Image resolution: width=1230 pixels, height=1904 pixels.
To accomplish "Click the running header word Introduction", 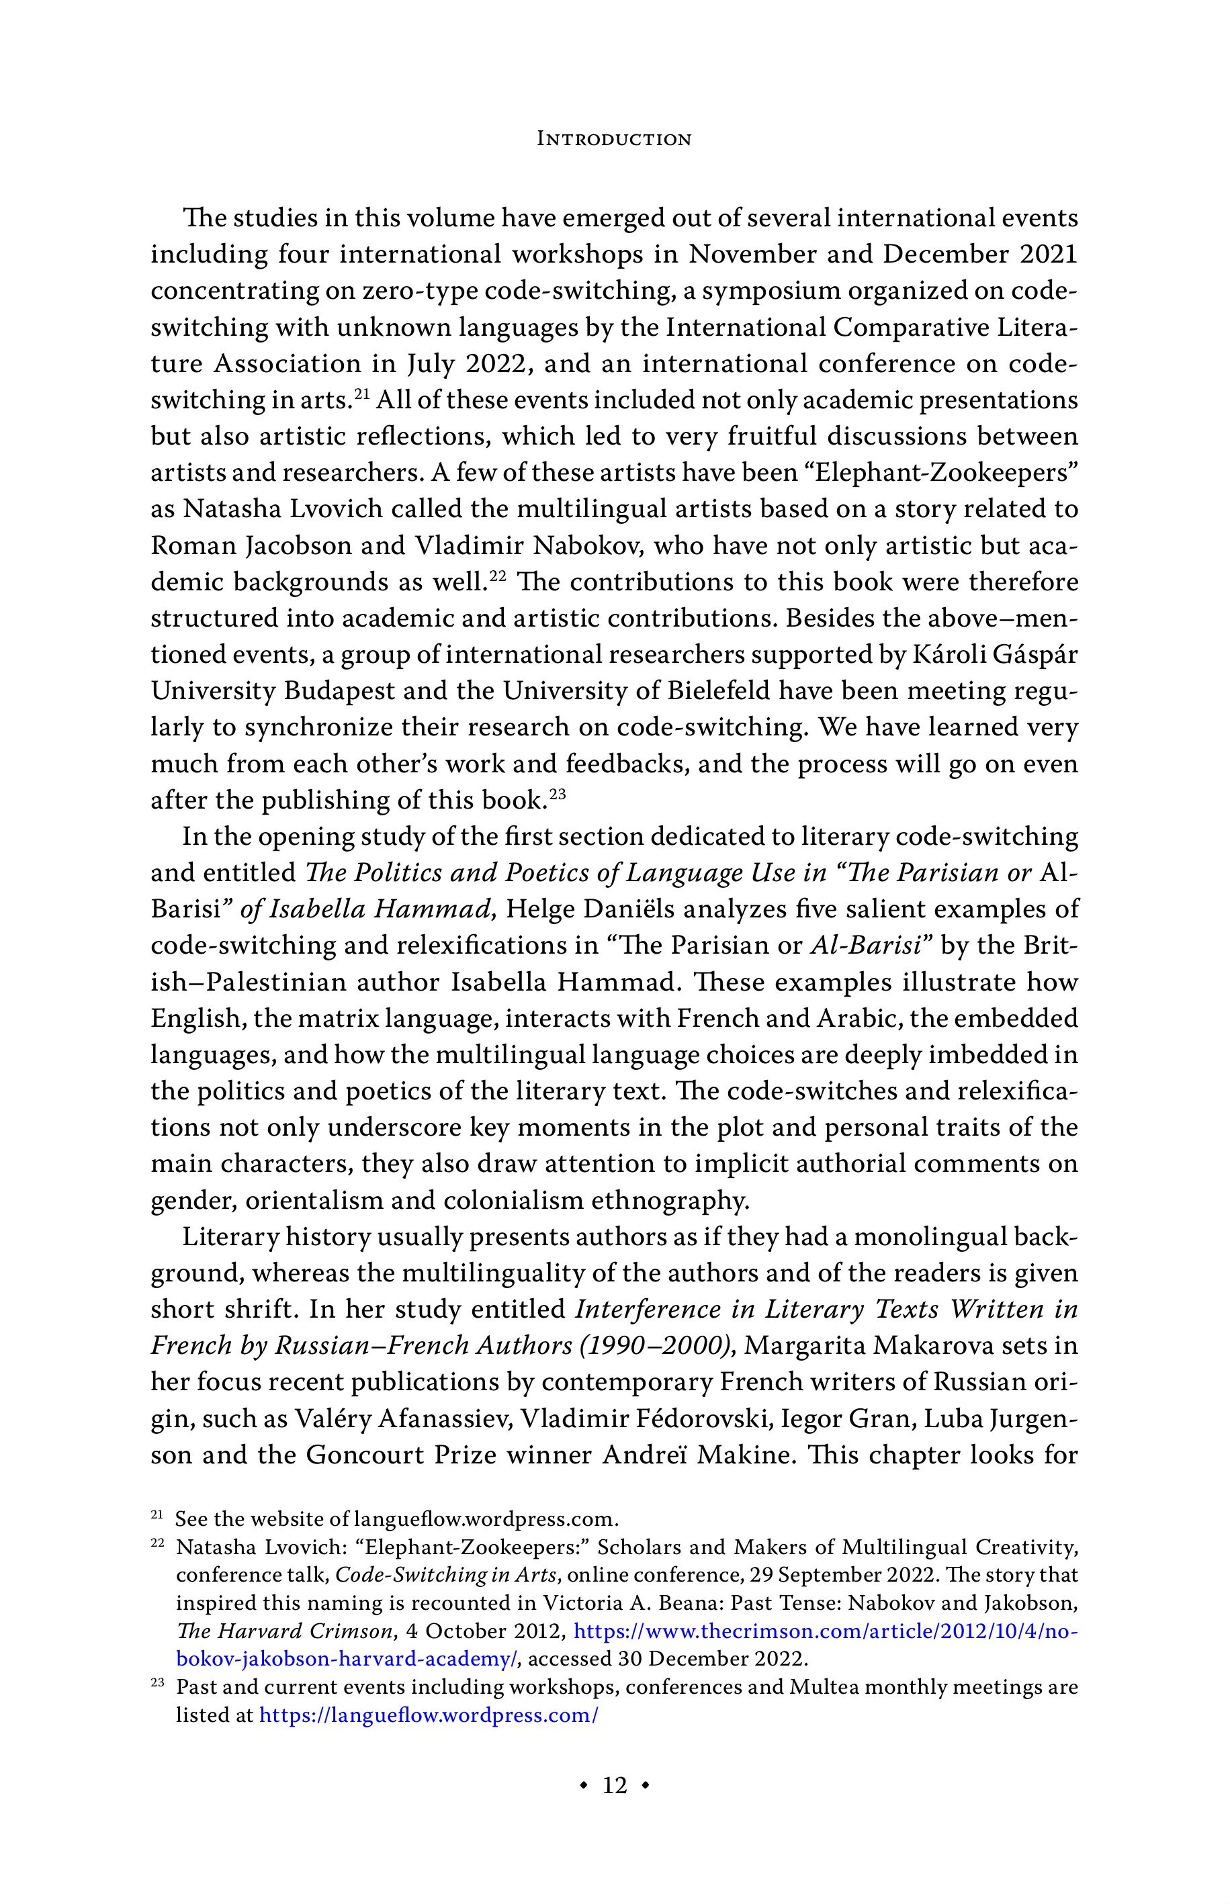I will [x=614, y=139].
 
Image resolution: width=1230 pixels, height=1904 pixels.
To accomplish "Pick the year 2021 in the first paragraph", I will [x=1048, y=255].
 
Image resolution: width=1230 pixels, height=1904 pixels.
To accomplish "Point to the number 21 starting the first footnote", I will [x=157, y=1514].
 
